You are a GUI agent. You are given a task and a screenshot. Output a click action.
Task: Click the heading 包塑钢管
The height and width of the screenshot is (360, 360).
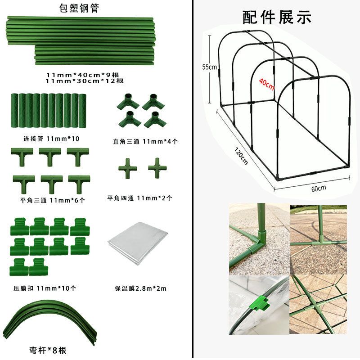coord(79,8)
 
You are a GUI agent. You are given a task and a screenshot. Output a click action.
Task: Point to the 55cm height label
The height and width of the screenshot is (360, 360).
coord(209,67)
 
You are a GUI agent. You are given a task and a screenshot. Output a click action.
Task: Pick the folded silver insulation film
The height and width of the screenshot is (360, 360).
coord(137,246)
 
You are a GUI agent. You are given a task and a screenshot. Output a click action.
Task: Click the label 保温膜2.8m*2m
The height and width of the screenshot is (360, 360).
coord(140,288)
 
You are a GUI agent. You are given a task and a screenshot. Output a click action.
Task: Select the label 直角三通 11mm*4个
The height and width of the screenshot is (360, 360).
coord(145,141)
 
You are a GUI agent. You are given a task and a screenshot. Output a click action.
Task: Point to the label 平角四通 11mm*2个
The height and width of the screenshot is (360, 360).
coord(139,198)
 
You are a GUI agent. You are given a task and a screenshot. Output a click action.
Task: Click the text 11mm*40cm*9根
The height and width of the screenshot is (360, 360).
coord(85,75)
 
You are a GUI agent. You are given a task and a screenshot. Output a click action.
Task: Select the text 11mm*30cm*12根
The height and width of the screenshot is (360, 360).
coord(85,81)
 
